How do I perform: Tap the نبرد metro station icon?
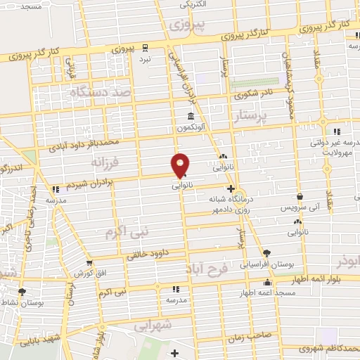[x=144, y=49]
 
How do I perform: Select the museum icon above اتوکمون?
[x=191, y=117]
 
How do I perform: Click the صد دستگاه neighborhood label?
[x=101, y=91]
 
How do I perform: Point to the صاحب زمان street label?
[x=247, y=336]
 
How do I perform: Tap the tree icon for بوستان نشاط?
[x=22, y=291]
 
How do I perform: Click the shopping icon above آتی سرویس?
[x=300, y=197]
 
